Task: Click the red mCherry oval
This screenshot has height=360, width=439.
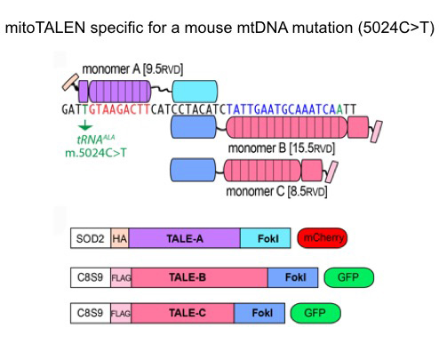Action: pos(322,238)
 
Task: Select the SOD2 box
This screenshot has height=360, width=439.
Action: pos(90,238)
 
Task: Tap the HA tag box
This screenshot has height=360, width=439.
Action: pos(119,238)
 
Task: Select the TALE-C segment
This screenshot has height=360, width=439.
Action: pos(183,313)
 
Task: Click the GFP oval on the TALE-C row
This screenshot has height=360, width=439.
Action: pos(315,313)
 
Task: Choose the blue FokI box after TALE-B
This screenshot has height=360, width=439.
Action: pos(293,277)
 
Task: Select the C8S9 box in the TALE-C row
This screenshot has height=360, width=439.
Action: pos(90,313)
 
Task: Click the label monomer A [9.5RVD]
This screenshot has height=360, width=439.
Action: pos(132,68)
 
